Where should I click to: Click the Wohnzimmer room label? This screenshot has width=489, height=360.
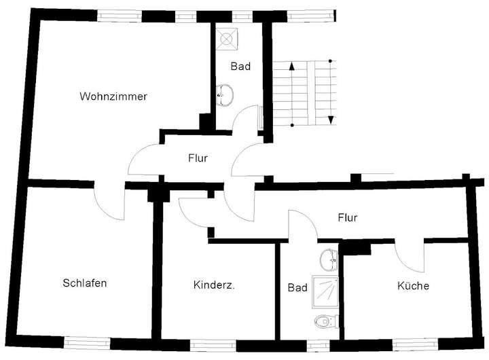click(113, 96)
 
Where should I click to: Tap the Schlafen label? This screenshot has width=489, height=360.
click(84, 283)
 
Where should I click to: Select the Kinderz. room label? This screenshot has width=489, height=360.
click(214, 286)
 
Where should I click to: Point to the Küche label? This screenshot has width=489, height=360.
click(413, 286)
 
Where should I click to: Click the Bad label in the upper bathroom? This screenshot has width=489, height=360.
click(240, 67)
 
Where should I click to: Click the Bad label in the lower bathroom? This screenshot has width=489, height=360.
click(297, 287)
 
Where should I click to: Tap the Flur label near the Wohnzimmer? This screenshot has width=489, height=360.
click(198, 158)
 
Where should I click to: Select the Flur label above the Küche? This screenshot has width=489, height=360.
click(348, 218)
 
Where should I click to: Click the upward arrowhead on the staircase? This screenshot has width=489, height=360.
click(291, 67)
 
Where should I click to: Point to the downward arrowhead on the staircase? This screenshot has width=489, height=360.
click(331, 120)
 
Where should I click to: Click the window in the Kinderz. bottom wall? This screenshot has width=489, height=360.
click(210, 344)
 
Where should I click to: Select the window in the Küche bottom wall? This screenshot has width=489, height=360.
click(414, 344)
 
